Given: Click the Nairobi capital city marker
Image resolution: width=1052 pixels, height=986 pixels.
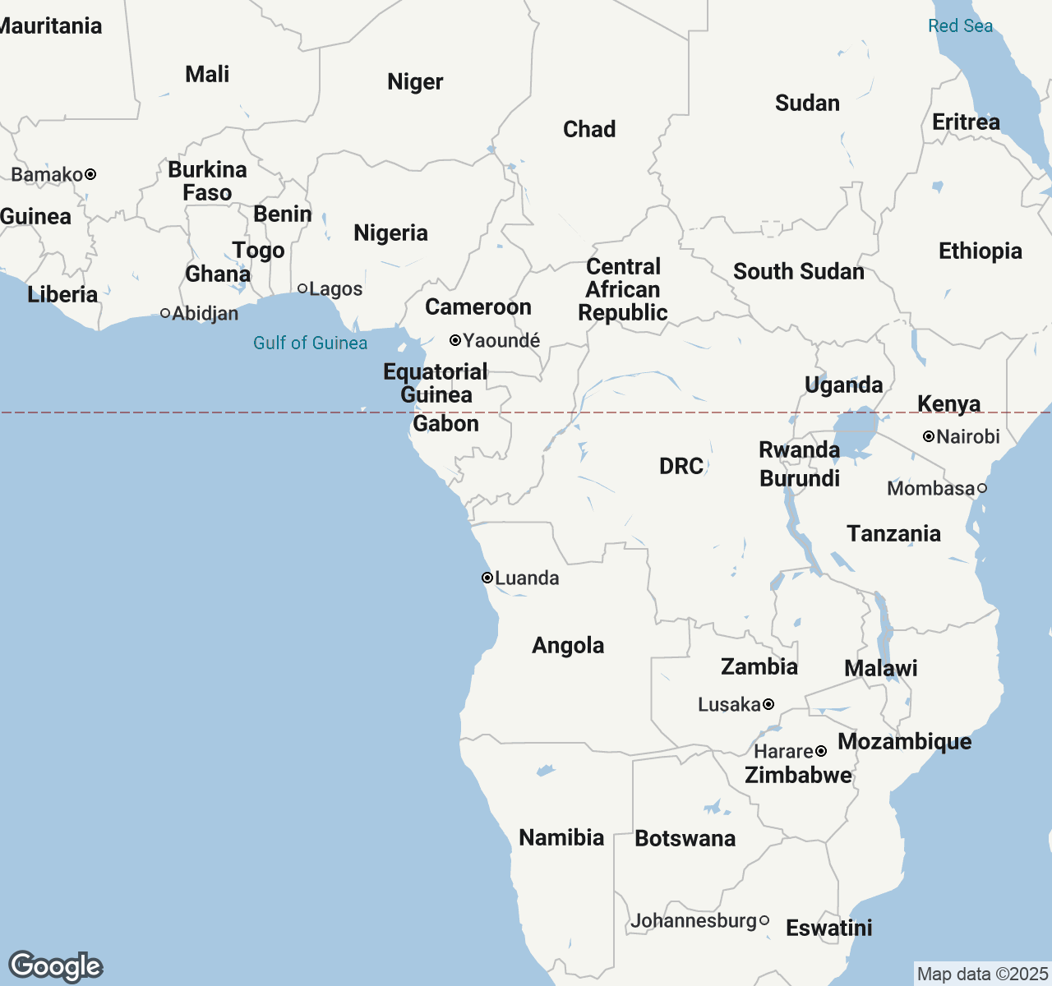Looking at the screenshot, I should (x=929, y=437).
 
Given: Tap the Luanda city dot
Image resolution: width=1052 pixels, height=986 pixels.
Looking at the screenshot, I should (x=487, y=578).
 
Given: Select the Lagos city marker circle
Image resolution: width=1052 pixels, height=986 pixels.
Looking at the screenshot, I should (x=302, y=288).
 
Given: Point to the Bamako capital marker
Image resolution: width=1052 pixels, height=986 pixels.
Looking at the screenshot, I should (x=90, y=174).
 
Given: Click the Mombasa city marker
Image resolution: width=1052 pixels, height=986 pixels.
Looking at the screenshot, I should (x=981, y=488).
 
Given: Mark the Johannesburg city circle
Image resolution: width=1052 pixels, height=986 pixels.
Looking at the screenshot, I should (x=764, y=920).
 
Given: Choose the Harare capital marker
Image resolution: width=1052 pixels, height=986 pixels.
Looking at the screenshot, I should (x=820, y=751).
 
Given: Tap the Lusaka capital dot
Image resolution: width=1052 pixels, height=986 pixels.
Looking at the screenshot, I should (x=768, y=704).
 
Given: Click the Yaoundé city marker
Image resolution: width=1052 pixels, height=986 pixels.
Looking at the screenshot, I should (x=454, y=340).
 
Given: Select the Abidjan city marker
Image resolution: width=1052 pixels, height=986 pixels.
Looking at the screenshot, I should (x=165, y=313).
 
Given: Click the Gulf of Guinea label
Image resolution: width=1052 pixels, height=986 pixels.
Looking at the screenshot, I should (x=310, y=343).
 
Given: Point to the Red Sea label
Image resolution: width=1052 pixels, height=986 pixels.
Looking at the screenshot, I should (x=960, y=25).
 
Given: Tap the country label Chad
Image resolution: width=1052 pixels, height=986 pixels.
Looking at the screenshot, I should (x=589, y=129).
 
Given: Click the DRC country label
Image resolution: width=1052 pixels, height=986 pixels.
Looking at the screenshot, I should (x=681, y=466).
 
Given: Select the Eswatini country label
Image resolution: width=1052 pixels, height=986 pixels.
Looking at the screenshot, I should (x=828, y=928).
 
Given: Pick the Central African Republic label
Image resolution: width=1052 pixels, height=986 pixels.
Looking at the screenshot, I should (x=623, y=289).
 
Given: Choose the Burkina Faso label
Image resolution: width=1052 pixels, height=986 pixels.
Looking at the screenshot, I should (x=207, y=181).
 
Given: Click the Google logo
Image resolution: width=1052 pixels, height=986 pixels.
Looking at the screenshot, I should (x=55, y=966).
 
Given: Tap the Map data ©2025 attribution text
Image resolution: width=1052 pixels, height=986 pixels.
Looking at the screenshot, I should (x=982, y=974).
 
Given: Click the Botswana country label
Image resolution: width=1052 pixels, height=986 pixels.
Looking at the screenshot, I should (x=685, y=838).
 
